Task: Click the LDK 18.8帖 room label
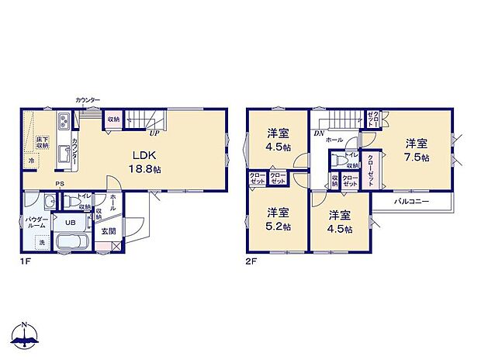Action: click(x=145, y=161)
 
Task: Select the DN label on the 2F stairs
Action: click(x=319, y=133)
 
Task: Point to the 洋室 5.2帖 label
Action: click(x=279, y=219)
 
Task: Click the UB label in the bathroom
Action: click(x=69, y=223)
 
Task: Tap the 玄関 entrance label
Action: click(x=109, y=231)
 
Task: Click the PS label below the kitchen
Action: click(x=59, y=184)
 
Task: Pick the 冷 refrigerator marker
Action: click(x=32, y=161)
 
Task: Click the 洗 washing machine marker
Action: click(x=43, y=241)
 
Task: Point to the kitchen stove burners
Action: click(x=63, y=123)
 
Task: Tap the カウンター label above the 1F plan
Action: click(x=88, y=100)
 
